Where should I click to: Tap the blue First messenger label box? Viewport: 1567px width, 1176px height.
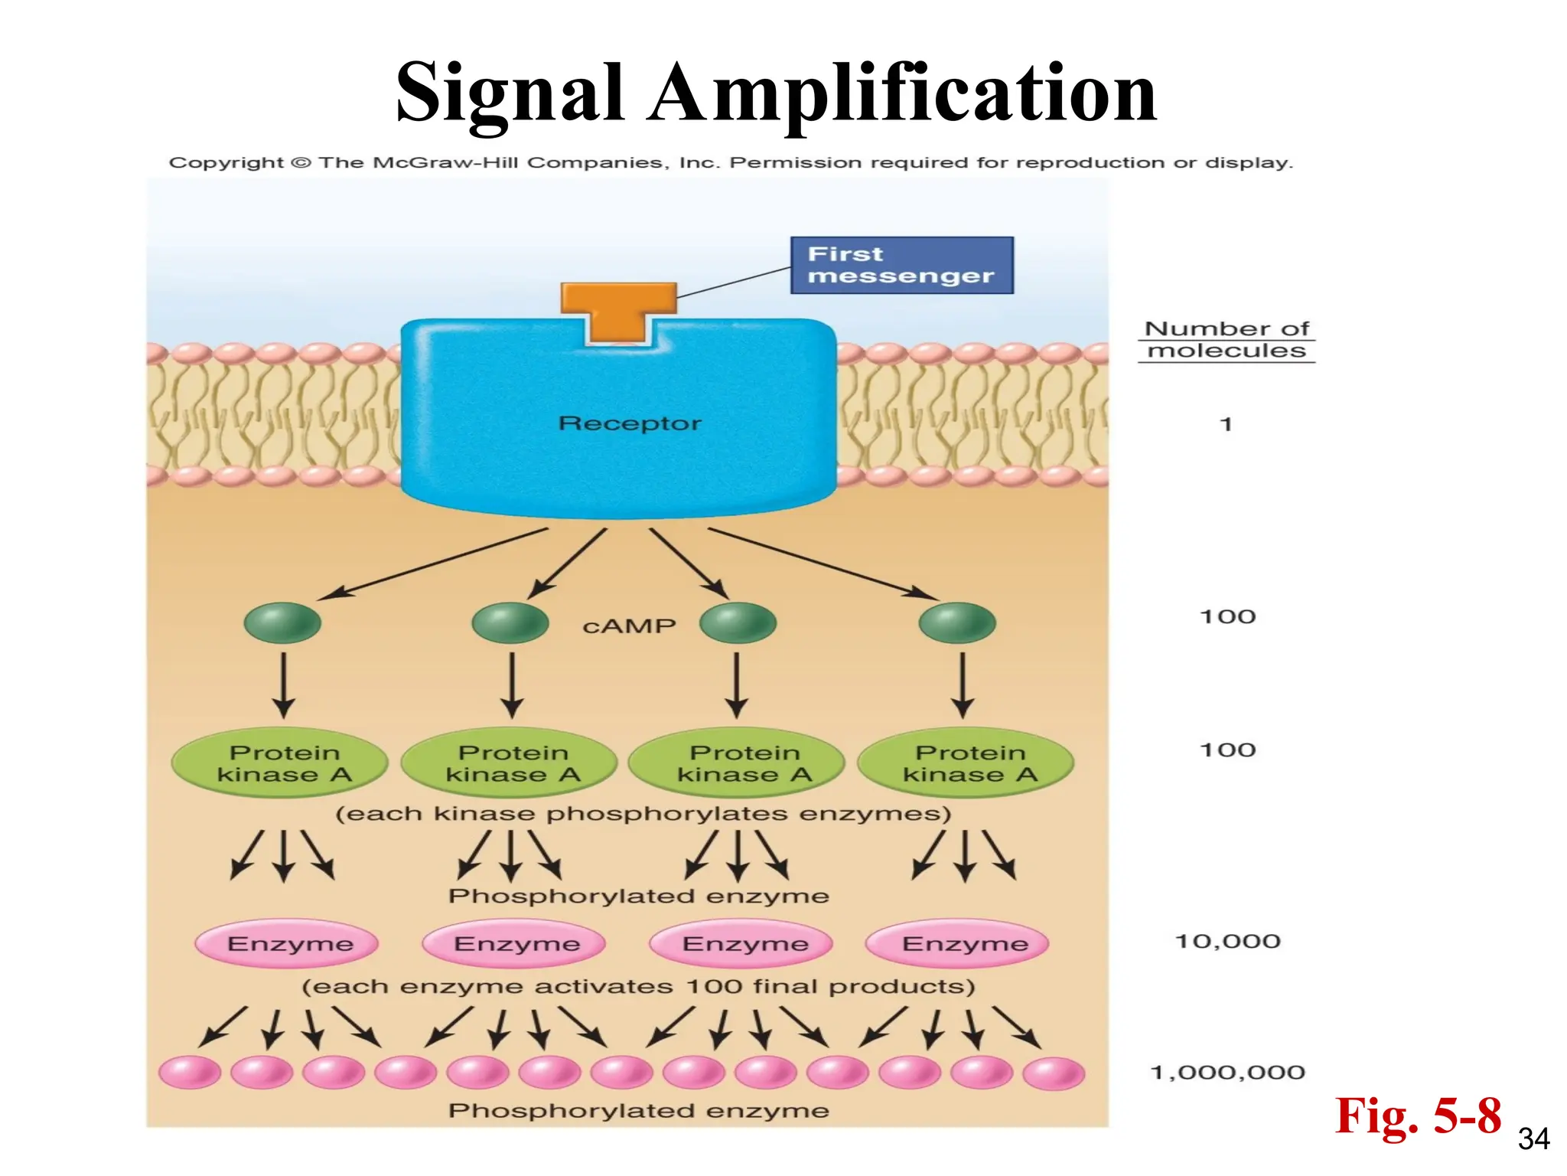[x=901, y=265]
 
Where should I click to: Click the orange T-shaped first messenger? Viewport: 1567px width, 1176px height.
[x=618, y=311]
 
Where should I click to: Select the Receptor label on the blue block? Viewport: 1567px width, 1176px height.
[x=629, y=423]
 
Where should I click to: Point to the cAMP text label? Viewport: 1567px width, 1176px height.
[x=629, y=626]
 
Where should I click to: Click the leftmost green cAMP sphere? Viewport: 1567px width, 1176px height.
[x=282, y=622]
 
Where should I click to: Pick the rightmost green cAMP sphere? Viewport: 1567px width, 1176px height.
[x=957, y=622]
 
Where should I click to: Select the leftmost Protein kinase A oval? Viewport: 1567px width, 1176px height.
[x=280, y=763]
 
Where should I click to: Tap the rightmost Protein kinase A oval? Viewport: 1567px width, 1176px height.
[x=966, y=763]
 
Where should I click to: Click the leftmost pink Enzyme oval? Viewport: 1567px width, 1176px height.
[x=288, y=943]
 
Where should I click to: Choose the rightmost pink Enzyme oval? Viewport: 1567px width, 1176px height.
[x=958, y=943]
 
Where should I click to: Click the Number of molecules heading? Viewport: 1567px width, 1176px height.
[x=1227, y=339]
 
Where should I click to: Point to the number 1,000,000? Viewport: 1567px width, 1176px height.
[x=1227, y=1072]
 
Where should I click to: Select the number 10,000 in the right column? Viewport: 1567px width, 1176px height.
[x=1227, y=941]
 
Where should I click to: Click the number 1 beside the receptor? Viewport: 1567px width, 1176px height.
[x=1226, y=424]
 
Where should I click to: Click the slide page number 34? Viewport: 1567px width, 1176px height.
[x=1533, y=1139]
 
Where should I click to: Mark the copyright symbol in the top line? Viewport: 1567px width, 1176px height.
[x=301, y=162]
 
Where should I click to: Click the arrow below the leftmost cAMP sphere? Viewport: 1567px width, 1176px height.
[x=284, y=684]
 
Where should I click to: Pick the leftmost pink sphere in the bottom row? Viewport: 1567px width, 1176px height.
[x=190, y=1072]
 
